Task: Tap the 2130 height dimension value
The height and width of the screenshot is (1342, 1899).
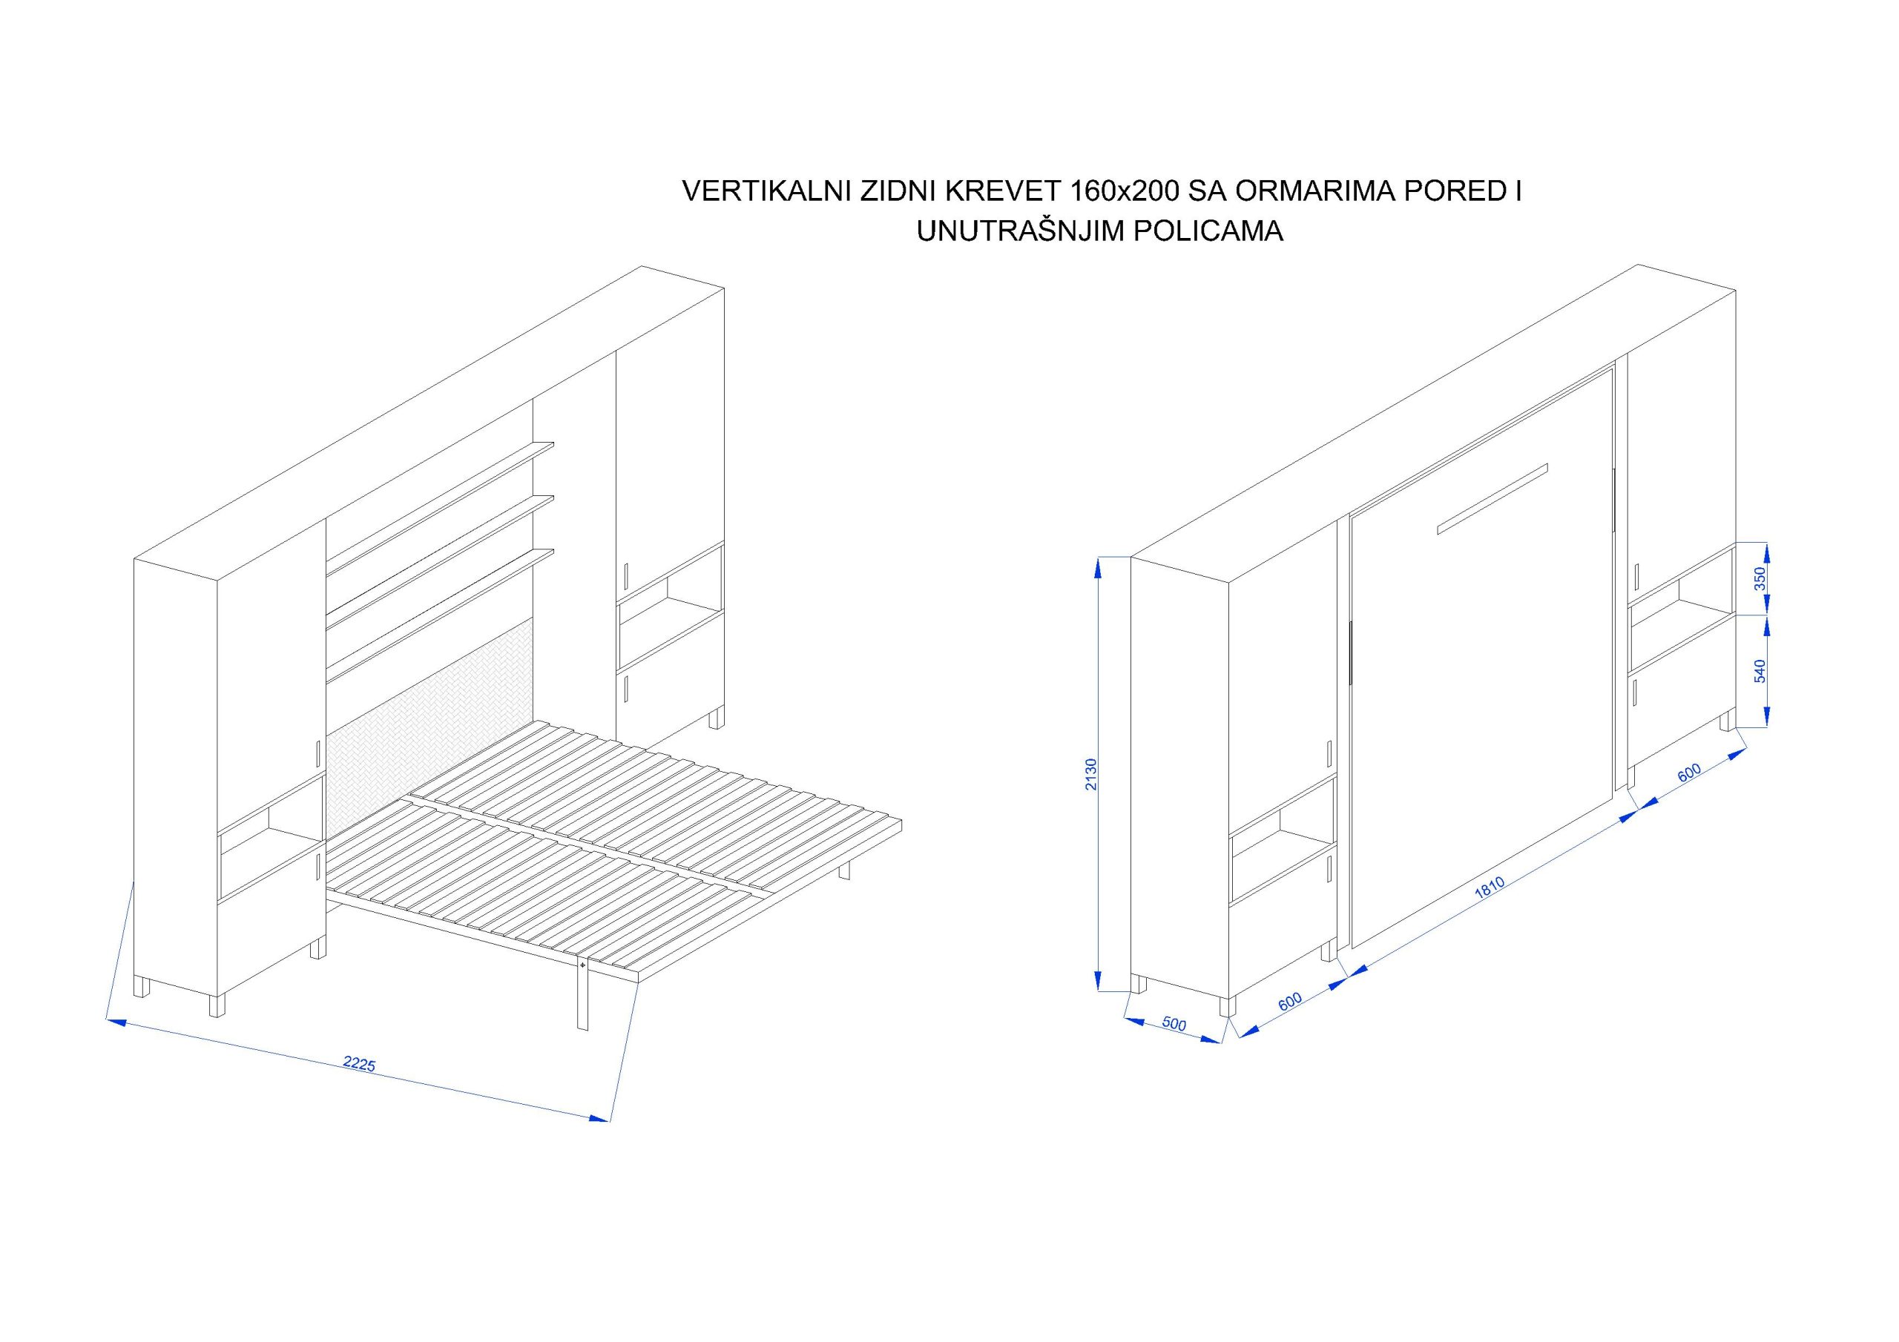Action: (1092, 774)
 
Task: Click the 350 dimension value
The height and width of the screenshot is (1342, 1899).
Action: (1760, 578)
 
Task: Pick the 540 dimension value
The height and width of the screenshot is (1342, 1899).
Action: (1760, 670)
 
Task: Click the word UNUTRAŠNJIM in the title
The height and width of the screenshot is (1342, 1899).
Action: (1019, 231)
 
